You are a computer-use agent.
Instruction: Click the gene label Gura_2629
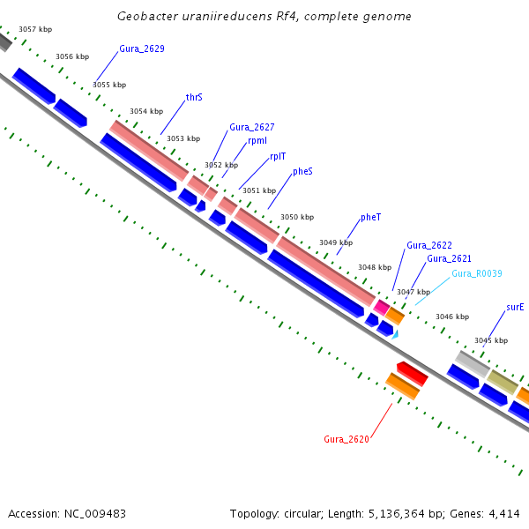coord(141,48)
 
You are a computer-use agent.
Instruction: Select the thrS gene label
coord(194,97)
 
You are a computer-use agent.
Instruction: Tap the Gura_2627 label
coord(251,127)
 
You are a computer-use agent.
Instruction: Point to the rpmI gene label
coord(257,140)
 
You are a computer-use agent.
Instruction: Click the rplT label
coord(278,156)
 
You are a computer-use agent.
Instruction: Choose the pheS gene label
coord(302,172)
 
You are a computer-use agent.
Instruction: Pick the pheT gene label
coord(370,217)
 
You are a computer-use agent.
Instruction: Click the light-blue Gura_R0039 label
coord(476,273)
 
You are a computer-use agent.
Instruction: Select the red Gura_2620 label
coord(346,438)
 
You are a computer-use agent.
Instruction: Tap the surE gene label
coord(515,307)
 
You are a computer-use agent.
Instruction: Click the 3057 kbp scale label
coord(35,29)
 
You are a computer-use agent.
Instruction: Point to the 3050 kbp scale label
coord(297,217)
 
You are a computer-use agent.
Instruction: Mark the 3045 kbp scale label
coord(490,340)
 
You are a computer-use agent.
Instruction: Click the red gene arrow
coord(412,373)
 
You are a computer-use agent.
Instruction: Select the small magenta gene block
coord(382,306)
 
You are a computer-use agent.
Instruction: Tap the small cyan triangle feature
coord(396,334)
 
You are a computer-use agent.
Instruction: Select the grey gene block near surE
coord(472,362)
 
